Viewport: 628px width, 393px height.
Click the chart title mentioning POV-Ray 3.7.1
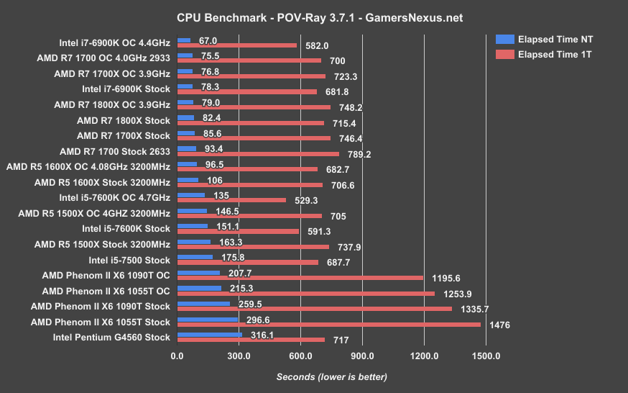(x=314, y=16)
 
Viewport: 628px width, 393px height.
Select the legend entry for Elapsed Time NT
(x=555, y=39)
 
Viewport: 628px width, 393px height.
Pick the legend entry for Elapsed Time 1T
(x=555, y=54)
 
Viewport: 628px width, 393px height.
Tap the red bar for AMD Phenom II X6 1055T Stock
(x=329, y=325)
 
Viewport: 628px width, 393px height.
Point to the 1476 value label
(x=499, y=325)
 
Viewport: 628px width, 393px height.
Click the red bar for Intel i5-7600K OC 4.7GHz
(x=231, y=200)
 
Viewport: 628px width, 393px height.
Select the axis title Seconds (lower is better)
(x=331, y=376)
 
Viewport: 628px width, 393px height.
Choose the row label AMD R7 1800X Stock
(x=124, y=120)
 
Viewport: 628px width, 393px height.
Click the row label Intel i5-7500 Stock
(x=129, y=260)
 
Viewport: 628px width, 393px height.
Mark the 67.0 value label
(x=208, y=42)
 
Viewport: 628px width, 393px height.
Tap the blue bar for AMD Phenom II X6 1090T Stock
(x=203, y=304)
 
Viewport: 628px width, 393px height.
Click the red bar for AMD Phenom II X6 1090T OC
(x=300, y=278)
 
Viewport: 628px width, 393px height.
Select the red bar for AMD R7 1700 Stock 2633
(x=258, y=154)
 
